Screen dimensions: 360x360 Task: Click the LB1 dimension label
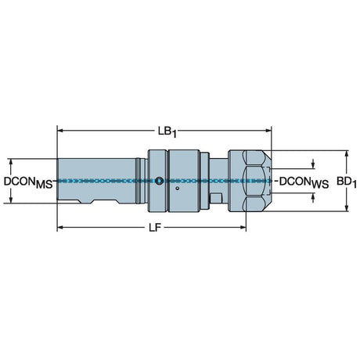167,131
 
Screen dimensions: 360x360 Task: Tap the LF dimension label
155,228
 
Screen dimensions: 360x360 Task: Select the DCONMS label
28,182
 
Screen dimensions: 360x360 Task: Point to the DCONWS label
304,182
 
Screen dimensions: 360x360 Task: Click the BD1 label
347,182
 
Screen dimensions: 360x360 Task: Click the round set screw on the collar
159,181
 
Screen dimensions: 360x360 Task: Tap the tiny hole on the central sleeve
177,189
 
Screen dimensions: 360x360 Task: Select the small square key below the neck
216,198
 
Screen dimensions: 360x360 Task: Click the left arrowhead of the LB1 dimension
60,130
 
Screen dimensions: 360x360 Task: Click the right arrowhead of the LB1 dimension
268,130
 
